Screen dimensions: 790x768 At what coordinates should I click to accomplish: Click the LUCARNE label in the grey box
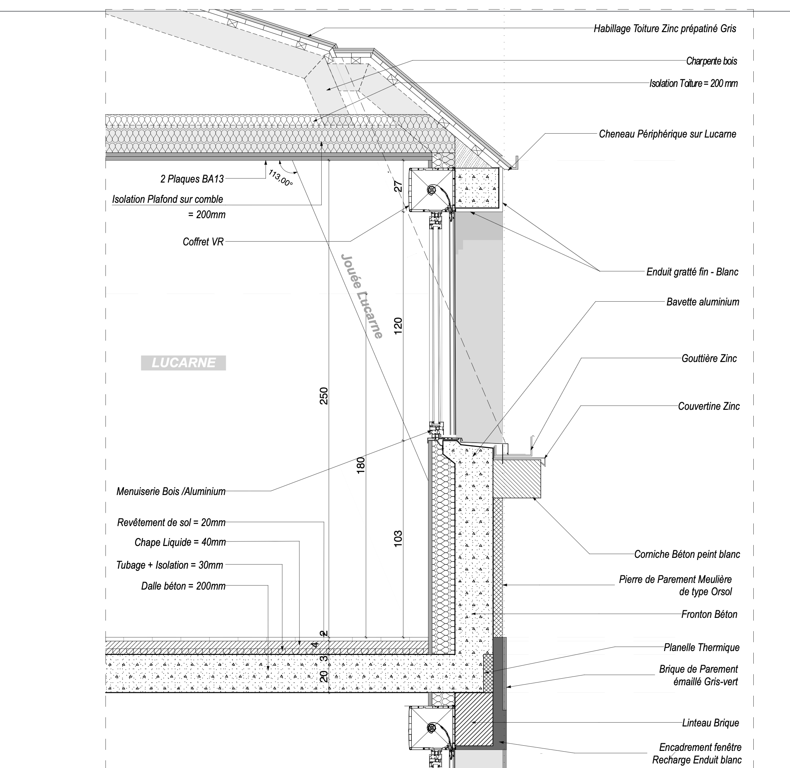tap(184, 363)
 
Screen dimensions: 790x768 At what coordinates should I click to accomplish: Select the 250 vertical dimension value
tap(323, 396)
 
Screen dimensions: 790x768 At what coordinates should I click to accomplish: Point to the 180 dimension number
tap(361, 465)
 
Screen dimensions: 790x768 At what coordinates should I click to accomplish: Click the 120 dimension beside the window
tap(398, 326)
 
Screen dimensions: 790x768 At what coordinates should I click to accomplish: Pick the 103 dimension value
tap(398, 539)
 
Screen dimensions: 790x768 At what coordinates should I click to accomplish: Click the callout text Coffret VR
tap(203, 242)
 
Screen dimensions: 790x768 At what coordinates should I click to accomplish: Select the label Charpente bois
tap(712, 61)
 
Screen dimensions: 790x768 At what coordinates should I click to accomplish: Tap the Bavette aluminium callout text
tap(703, 302)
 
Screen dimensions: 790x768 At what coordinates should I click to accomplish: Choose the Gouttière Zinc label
tap(709, 359)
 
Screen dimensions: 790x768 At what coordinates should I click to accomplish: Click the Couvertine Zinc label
tap(709, 406)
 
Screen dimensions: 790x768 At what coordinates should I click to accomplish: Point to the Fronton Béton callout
tap(709, 614)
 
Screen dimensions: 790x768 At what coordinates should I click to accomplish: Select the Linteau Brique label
tap(710, 723)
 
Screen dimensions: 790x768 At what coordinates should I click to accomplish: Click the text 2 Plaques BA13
tap(192, 179)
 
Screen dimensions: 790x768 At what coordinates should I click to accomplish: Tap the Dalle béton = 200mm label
tap(184, 586)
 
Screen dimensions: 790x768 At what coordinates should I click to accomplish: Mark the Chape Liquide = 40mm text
tap(180, 542)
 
